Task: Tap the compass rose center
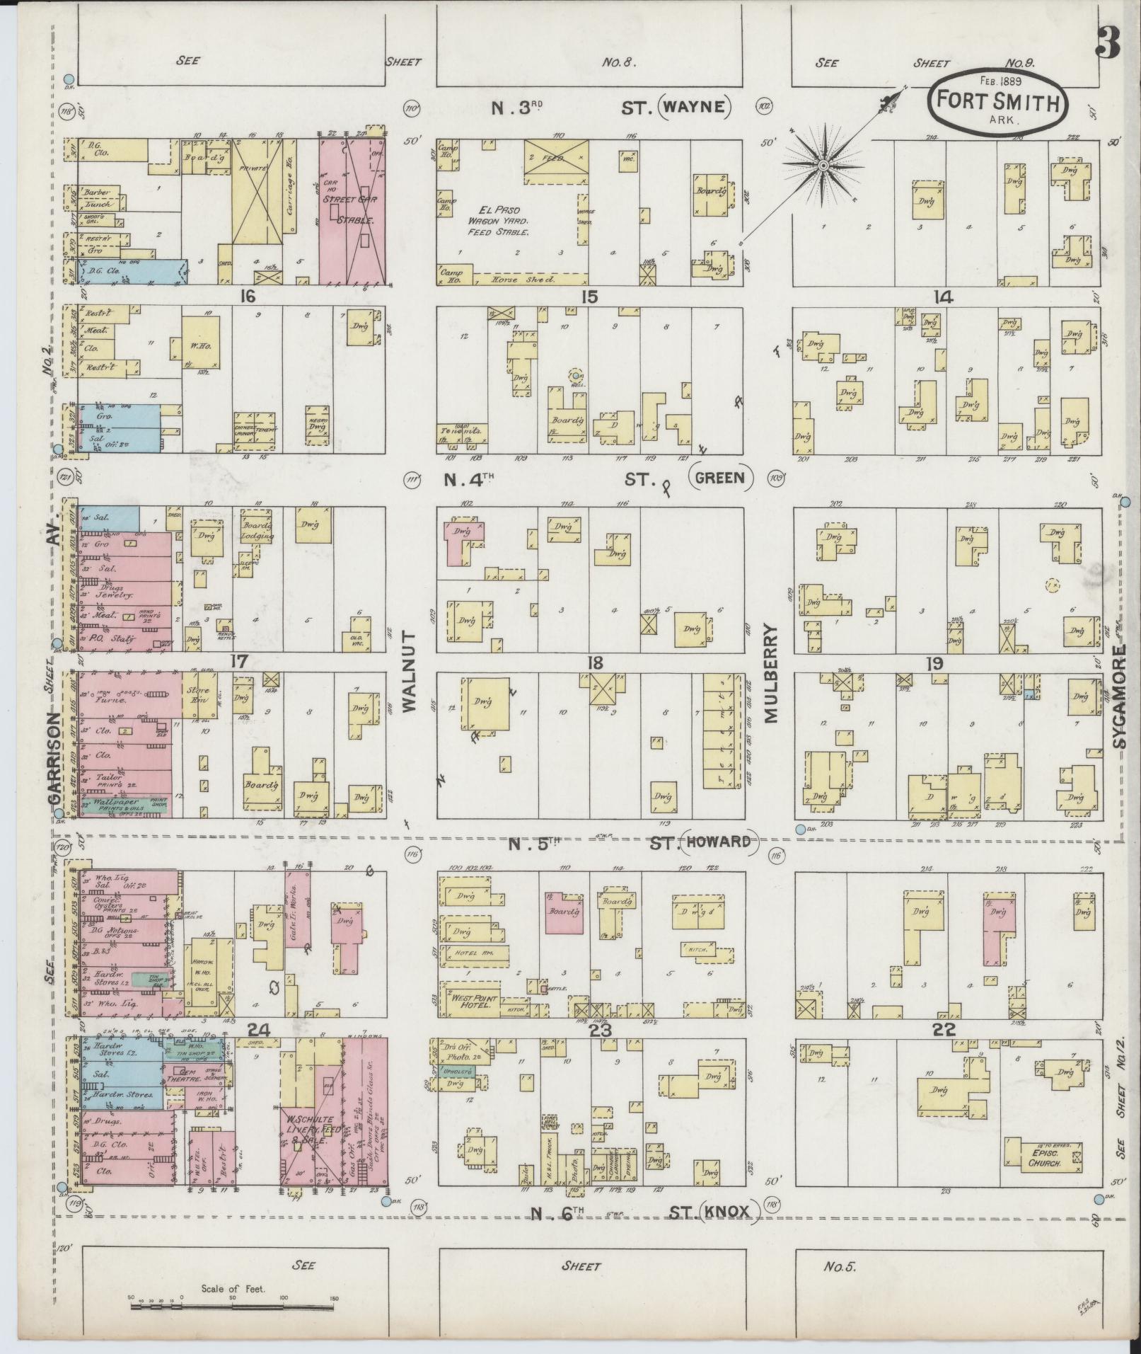point(823,165)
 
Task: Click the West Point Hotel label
point(469,1002)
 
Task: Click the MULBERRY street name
point(770,672)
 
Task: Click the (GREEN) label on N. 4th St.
point(721,477)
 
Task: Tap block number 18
point(594,662)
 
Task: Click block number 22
point(944,1029)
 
